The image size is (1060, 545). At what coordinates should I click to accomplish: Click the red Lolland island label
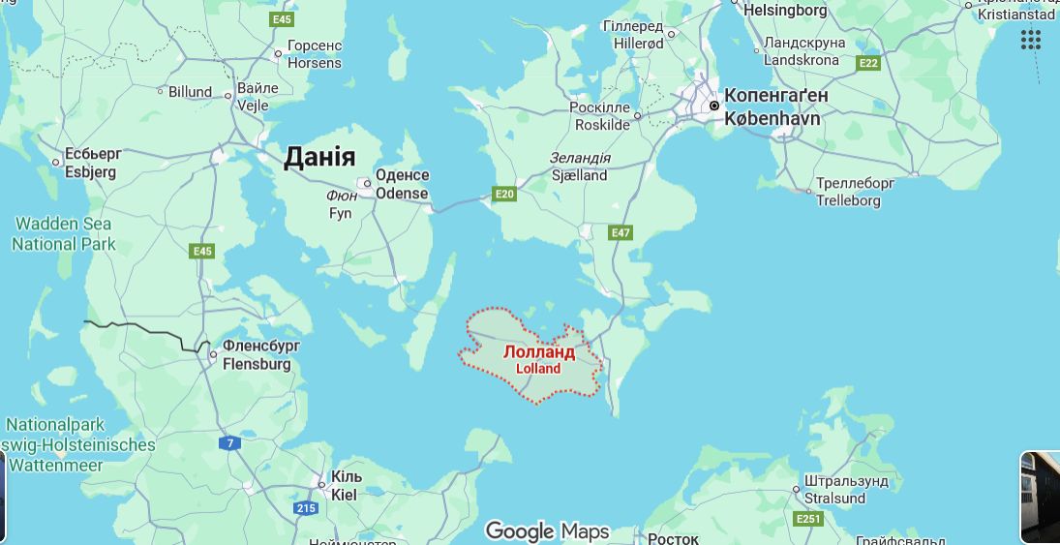coord(538,359)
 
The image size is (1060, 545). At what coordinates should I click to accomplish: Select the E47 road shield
coord(621,232)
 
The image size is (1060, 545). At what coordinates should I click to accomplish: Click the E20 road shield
coord(503,194)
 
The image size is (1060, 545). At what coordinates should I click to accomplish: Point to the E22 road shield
coord(868,63)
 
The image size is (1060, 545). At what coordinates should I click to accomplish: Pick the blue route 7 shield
coord(229,443)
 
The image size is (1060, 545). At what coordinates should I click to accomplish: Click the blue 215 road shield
coord(306,508)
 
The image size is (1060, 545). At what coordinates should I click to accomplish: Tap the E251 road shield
coord(808,519)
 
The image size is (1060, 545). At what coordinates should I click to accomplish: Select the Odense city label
coord(402,184)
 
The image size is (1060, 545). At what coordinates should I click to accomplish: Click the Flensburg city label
coord(257,355)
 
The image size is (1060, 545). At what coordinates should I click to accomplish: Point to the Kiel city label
coord(345,486)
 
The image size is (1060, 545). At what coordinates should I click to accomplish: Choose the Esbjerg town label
coord(90,164)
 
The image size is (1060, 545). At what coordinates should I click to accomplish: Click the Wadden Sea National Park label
coord(63,234)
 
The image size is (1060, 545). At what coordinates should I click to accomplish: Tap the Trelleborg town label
coord(848,192)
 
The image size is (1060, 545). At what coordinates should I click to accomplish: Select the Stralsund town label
coord(834,490)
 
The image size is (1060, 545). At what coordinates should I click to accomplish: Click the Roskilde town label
coord(601,116)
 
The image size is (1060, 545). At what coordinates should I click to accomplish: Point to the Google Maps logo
coord(547,530)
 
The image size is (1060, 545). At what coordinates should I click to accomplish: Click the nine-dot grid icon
coord(1030,40)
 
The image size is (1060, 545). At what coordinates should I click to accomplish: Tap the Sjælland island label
coord(579,167)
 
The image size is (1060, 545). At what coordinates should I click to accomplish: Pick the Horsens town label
coord(315,54)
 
